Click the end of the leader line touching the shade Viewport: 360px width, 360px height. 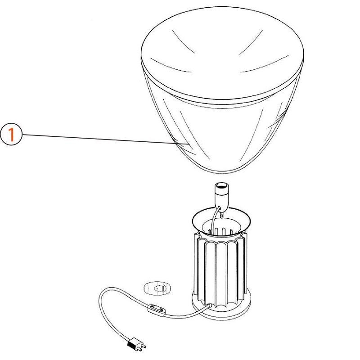coord(176,143)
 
